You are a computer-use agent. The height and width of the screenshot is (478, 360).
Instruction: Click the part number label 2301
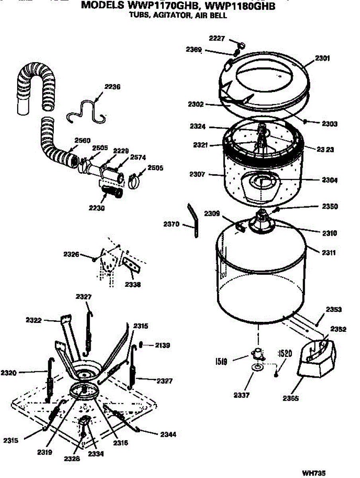click(x=323, y=58)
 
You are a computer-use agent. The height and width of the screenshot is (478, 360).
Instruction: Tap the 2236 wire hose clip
click(x=86, y=109)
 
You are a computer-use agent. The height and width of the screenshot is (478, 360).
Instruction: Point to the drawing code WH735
click(x=314, y=473)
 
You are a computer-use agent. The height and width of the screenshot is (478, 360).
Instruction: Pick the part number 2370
click(x=171, y=225)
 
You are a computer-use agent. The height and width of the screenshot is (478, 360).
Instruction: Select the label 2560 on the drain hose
click(x=82, y=140)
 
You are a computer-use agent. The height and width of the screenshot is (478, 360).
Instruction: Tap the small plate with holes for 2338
click(x=131, y=265)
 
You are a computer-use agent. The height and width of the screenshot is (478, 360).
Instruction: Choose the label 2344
click(x=168, y=435)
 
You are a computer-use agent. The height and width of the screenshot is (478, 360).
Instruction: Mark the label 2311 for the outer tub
click(x=327, y=253)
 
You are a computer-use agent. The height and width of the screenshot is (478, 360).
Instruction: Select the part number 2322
click(x=34, y=320)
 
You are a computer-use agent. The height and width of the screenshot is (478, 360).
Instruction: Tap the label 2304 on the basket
click(x=330, y=180)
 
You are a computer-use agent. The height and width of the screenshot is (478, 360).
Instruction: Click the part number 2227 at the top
click(x=217, y=38)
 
